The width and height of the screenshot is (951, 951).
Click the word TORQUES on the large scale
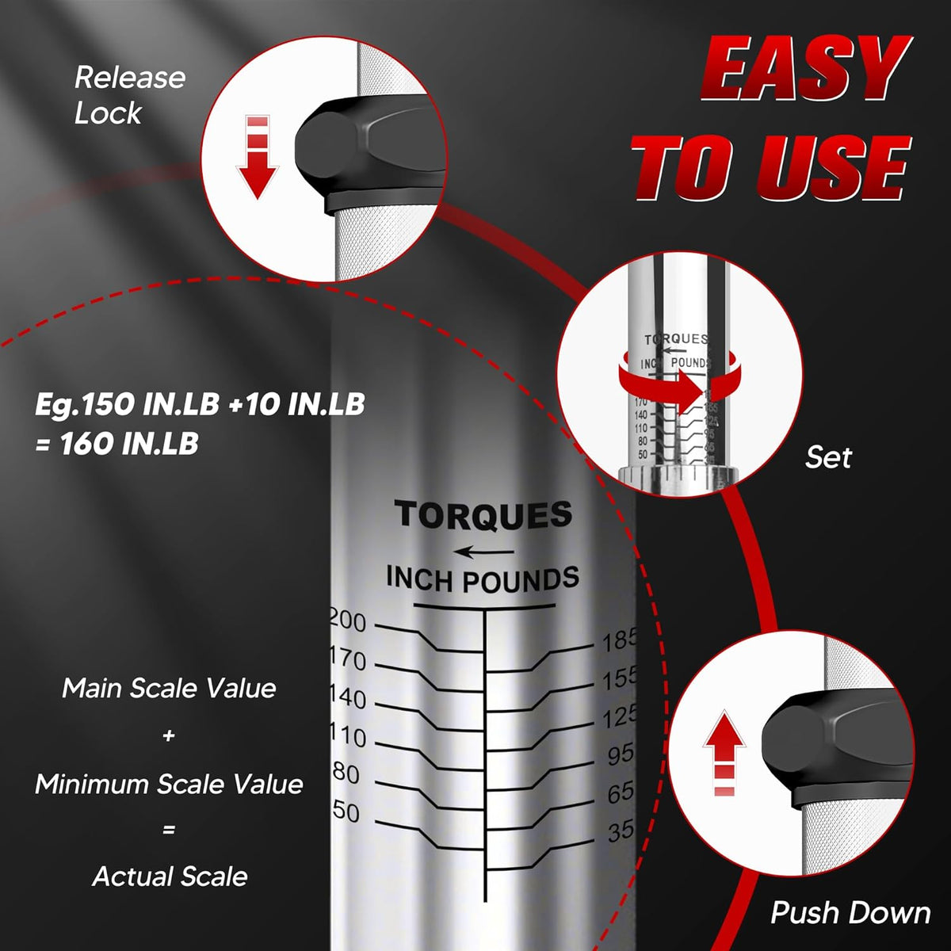pos(483,515)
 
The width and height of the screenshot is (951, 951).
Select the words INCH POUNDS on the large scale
pos(482,579)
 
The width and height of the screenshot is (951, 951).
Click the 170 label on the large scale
pos(349,659)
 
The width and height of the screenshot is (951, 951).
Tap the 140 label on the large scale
pos(349,698)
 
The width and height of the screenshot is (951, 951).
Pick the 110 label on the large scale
pos(349,736)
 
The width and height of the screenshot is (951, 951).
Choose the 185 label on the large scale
pos(618,640)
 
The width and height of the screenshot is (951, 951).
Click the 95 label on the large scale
pos(620,754)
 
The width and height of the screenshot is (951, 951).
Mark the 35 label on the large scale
pos(621,831)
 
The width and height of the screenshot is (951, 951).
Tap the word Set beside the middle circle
pos(828,457)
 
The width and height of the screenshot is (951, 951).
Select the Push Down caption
pos(850,912)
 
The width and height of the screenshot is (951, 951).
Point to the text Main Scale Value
pos(169,688)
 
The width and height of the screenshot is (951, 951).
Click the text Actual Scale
pos(170,877)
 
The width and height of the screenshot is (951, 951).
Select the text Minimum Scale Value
pos(169,784)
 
